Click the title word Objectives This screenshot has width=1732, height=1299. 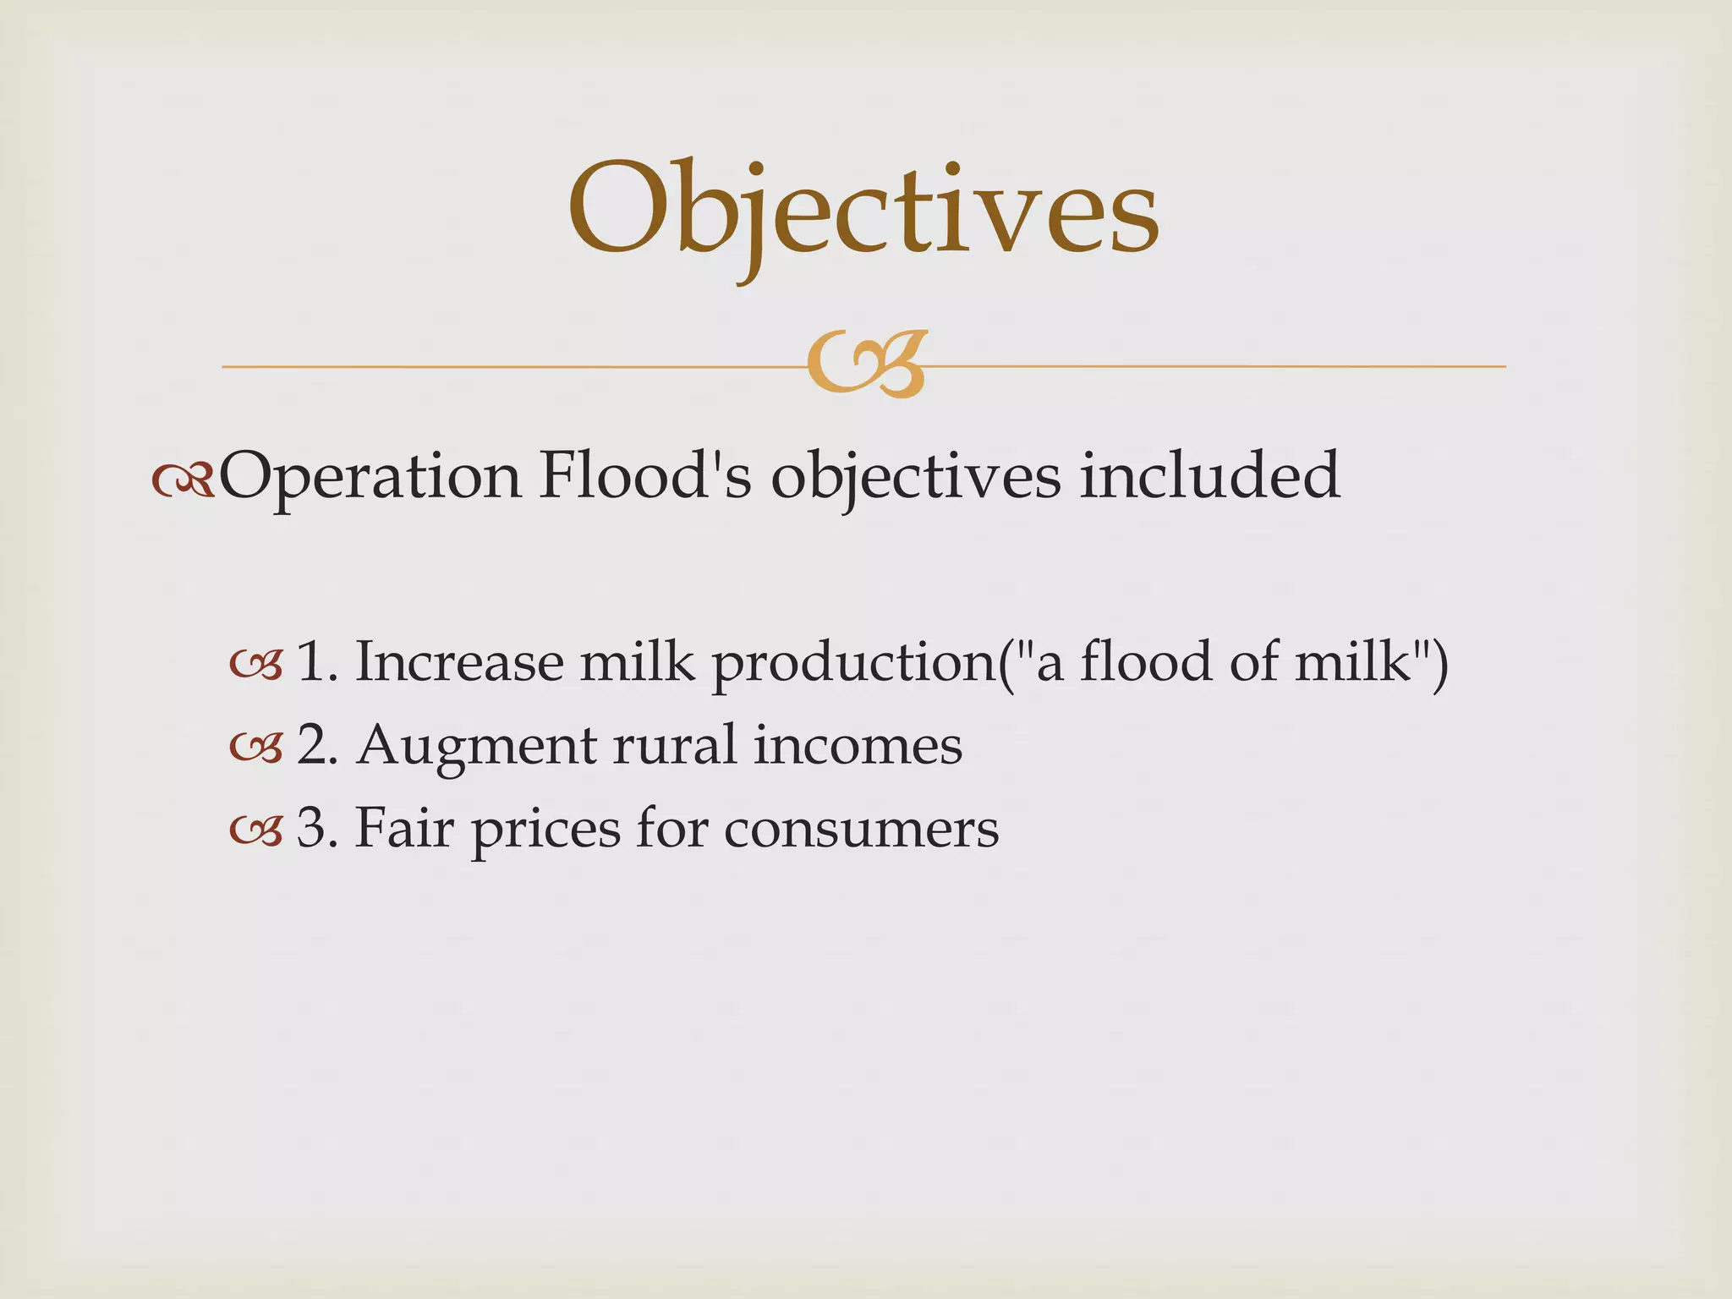863,211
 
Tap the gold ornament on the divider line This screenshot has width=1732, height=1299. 866,364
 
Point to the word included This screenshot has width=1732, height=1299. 1209,474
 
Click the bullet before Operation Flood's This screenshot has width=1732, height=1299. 183,480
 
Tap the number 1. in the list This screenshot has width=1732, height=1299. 316,661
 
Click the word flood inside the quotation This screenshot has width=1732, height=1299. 1146,661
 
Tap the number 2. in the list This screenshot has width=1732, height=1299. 318,745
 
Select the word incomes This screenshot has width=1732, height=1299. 858,745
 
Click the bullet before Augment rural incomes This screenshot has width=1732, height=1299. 255,749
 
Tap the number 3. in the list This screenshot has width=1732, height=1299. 318,827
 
